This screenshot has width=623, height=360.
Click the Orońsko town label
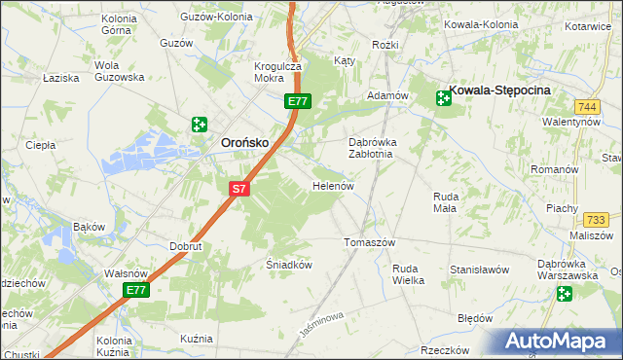pyautogui.click(x=238, y=142)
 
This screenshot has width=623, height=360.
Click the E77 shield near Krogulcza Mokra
pyautogui.click(x=298, y=100)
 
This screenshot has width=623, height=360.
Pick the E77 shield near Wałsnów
pyautogui.click(x=136, y=291)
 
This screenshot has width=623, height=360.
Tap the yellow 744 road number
pyautogui.click(x=586, y=105)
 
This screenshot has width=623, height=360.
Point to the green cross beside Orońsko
pyautogui.click(x=200, y=124)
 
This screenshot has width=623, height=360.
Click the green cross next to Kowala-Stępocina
pyautogui.click(x=443, y=96)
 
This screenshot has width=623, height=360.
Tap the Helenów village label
pyautogui.click(x=331, y=186)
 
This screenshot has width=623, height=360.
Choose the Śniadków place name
pyautogui.click(x=288, y=264)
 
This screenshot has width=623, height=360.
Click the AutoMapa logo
pyautogui.click(x=559, y=341)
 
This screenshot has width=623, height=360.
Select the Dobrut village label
pyautogui.click(x=185, y=247)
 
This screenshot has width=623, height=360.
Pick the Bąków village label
pyautogui.click(x=89, y=227)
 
